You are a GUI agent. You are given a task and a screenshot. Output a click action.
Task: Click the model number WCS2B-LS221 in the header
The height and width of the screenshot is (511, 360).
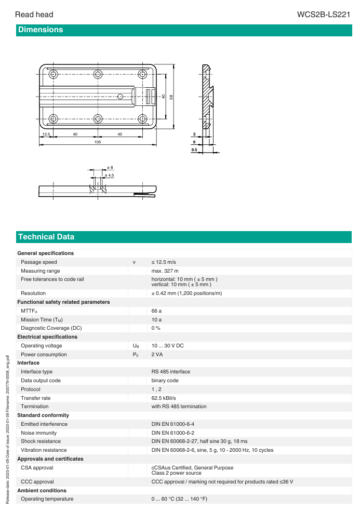323,15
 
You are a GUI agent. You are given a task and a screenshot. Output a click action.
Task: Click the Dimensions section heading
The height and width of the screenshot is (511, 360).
40,30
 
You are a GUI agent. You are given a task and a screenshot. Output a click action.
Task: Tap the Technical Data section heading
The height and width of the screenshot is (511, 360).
46,237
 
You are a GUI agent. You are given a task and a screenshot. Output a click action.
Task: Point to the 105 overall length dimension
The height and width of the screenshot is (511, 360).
97,141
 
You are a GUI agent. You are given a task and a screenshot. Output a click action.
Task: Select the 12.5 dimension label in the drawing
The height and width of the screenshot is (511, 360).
46,134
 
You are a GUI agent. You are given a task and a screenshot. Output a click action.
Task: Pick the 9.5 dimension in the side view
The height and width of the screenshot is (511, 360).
194,150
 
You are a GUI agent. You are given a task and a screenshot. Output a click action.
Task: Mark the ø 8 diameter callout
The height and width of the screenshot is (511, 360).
110,167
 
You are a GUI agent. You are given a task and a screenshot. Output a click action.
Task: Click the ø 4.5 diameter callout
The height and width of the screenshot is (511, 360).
109,176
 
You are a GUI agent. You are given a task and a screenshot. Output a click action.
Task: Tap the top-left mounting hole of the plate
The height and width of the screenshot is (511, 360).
52,73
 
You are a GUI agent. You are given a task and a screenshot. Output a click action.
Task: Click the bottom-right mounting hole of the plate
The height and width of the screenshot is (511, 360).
142,118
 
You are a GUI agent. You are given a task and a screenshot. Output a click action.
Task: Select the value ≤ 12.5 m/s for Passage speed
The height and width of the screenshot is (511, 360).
164,262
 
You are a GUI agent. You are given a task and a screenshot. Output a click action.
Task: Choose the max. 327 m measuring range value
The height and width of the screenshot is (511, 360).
165,271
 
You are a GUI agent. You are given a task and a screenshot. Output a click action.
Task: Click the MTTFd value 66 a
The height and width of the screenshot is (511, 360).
156,311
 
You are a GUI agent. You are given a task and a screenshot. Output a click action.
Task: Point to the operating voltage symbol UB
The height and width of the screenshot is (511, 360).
136,346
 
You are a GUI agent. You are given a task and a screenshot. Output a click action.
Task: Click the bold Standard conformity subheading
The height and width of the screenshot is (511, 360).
43,415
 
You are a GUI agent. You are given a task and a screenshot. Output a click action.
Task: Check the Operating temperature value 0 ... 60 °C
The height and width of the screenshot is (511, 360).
179,499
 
